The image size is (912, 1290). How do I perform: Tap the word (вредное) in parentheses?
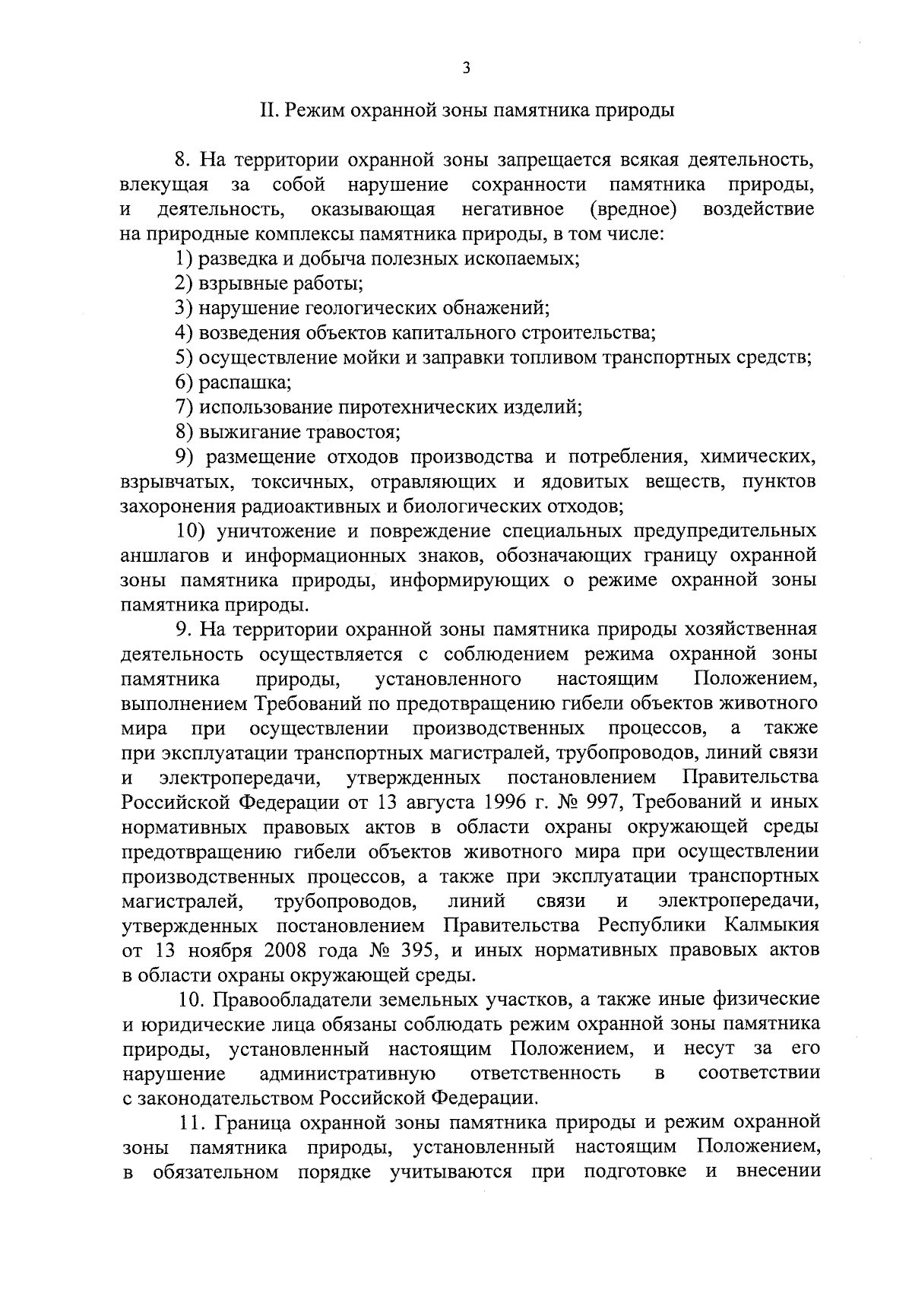pyautogui.click(x=634, y=209)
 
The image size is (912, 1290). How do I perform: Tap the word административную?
pyautogui.click(x=347, y=1073)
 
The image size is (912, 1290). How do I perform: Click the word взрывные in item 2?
pyautogui.click(x=235, y=284)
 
